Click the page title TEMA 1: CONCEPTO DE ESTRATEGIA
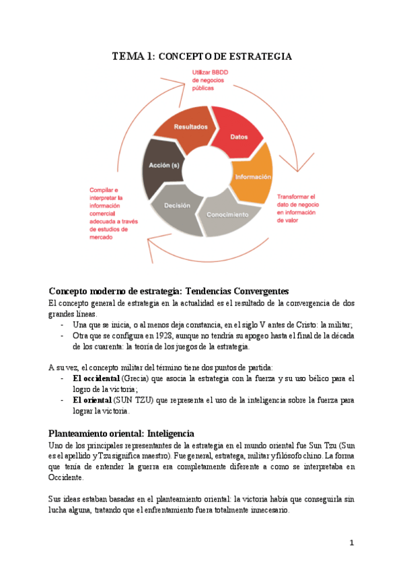tap(201, 57)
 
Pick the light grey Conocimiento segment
tap(227, 214)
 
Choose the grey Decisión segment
tap(177, 207)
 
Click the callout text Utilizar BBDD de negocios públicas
tap(211, 79)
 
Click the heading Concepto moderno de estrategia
tap(168, 291)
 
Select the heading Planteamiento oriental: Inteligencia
tap(121, 433)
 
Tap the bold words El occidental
tap(92, 379)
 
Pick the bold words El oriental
tap(87, 399)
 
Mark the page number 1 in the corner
tap(351, 543)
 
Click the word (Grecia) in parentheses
tap(126, 379)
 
